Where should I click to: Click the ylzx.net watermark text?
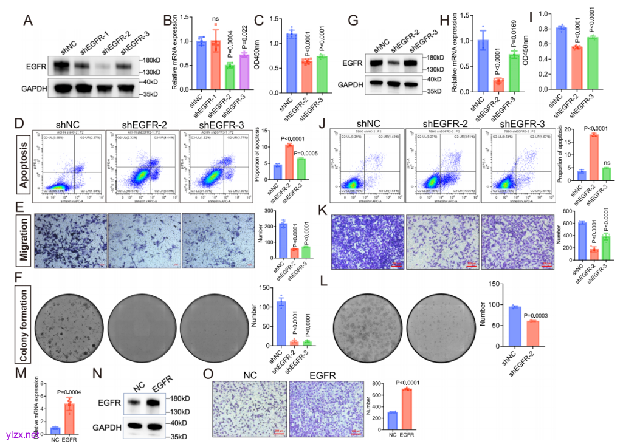pos(22,435)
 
